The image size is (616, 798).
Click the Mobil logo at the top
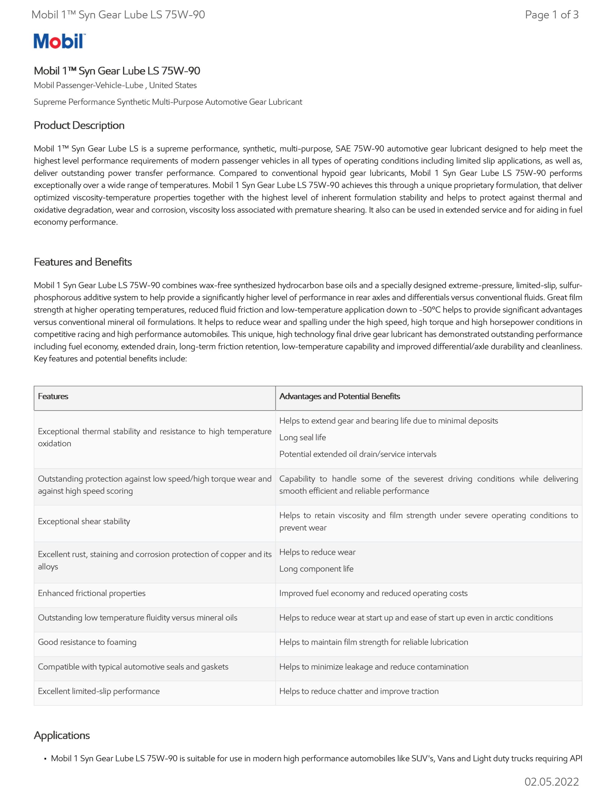coord(59,41)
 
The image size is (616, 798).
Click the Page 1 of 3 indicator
coord(551,15)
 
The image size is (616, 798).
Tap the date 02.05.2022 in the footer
coord(551,781)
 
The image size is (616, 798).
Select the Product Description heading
coord(79,125)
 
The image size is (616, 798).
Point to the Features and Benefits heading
coord(83,262)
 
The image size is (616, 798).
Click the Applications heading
coord(62,735)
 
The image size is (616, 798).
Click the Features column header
coord(53,397)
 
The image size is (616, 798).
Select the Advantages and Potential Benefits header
coord(339,397)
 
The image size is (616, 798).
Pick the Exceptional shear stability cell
coord(84,522)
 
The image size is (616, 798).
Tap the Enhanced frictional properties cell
coord(92,594)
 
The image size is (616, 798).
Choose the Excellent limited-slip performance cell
coord(99,691)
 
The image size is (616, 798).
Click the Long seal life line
coord(302,437)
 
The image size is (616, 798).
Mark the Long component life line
coord(316,569)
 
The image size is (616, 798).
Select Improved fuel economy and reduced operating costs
coord(373,594)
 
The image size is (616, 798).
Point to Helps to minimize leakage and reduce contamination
coord(373,666)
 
